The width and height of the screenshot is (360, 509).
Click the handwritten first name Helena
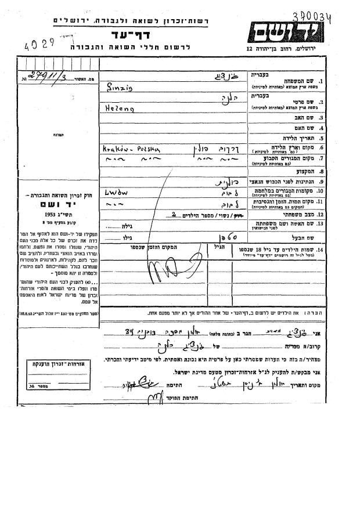117,107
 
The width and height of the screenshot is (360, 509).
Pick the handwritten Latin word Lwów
114,190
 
